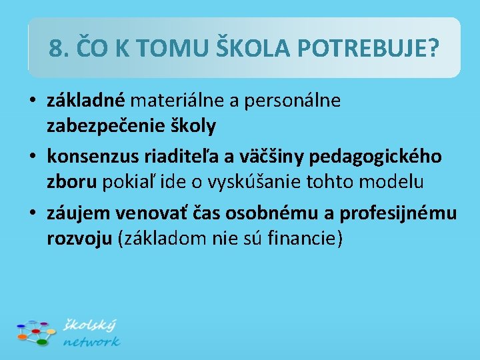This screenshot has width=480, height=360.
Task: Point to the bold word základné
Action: point(85,101)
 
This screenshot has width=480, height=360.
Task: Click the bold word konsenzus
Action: point(92,157)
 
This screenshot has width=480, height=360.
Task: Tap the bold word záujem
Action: point(79,213)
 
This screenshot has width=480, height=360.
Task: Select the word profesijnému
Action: point(398,213)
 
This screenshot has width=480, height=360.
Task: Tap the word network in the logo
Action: point(91,341)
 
